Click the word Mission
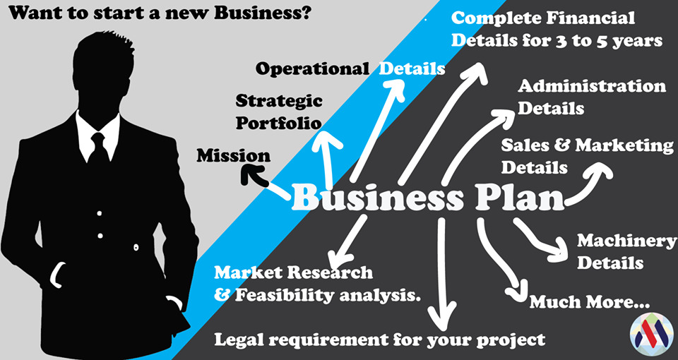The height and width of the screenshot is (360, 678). (234, 155)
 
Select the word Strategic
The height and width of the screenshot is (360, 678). (279, 102)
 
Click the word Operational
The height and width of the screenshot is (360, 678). (312, 68)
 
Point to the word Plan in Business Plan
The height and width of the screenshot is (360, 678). (521, 198)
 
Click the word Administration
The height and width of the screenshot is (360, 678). (592, 86)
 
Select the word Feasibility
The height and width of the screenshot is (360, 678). (285, 296)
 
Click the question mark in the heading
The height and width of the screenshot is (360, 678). (304, 13)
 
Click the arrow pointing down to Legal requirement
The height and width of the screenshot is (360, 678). (441, 275)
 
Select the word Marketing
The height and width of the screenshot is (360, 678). (625, 146)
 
